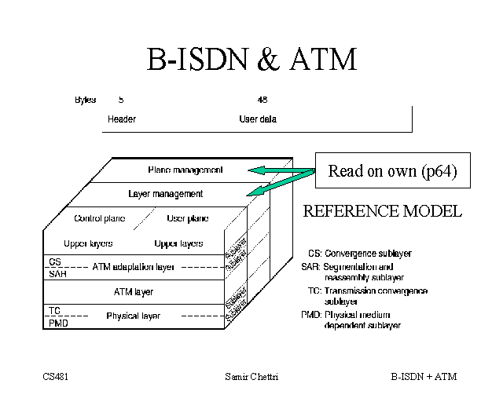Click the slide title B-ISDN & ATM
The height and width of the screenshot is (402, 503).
(251, 60)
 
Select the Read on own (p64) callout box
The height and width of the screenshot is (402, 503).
(392, 171)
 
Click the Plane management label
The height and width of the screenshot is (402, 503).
(185, 170)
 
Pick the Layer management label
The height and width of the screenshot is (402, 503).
(165, 193)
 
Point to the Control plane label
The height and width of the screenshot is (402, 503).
(100, 218)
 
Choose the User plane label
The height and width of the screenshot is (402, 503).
(187, 218)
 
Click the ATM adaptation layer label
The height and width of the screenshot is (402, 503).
(134, 267)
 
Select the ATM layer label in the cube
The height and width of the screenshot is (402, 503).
(134, 291)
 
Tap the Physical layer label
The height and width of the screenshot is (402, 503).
(134, 316)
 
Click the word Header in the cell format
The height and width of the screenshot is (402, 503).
(122, 119)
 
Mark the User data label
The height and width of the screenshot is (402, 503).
(258, 119)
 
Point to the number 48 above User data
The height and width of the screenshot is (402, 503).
(263, 100)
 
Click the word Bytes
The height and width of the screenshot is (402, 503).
(85, 100)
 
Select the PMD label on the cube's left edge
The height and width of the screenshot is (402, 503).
(57, 322)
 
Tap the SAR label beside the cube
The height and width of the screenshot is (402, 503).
(57, 274)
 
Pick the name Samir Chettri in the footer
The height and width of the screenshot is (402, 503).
(251, 377)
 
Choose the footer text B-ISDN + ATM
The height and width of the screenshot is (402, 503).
(424, 377)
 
